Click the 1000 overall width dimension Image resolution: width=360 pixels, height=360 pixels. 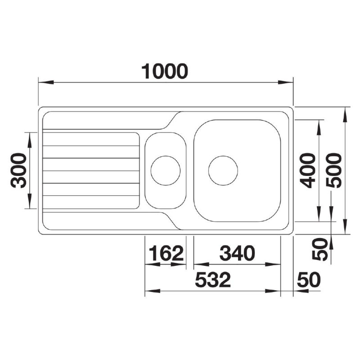pos(165,72)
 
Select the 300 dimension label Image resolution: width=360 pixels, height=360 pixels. pos(18,171)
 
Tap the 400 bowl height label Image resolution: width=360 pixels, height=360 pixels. pos(308,171)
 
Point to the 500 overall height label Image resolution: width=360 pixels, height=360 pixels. pos(334,171)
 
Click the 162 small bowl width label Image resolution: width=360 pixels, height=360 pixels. pos(166,253)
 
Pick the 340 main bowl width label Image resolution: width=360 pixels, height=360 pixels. pos(237,253)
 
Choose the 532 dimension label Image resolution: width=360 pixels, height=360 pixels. pos(213,279)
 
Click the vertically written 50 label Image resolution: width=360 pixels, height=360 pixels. pos(320,249)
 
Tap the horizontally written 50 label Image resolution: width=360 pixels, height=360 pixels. pos(309,279)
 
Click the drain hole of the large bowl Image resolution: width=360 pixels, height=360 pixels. pos(223,171)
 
